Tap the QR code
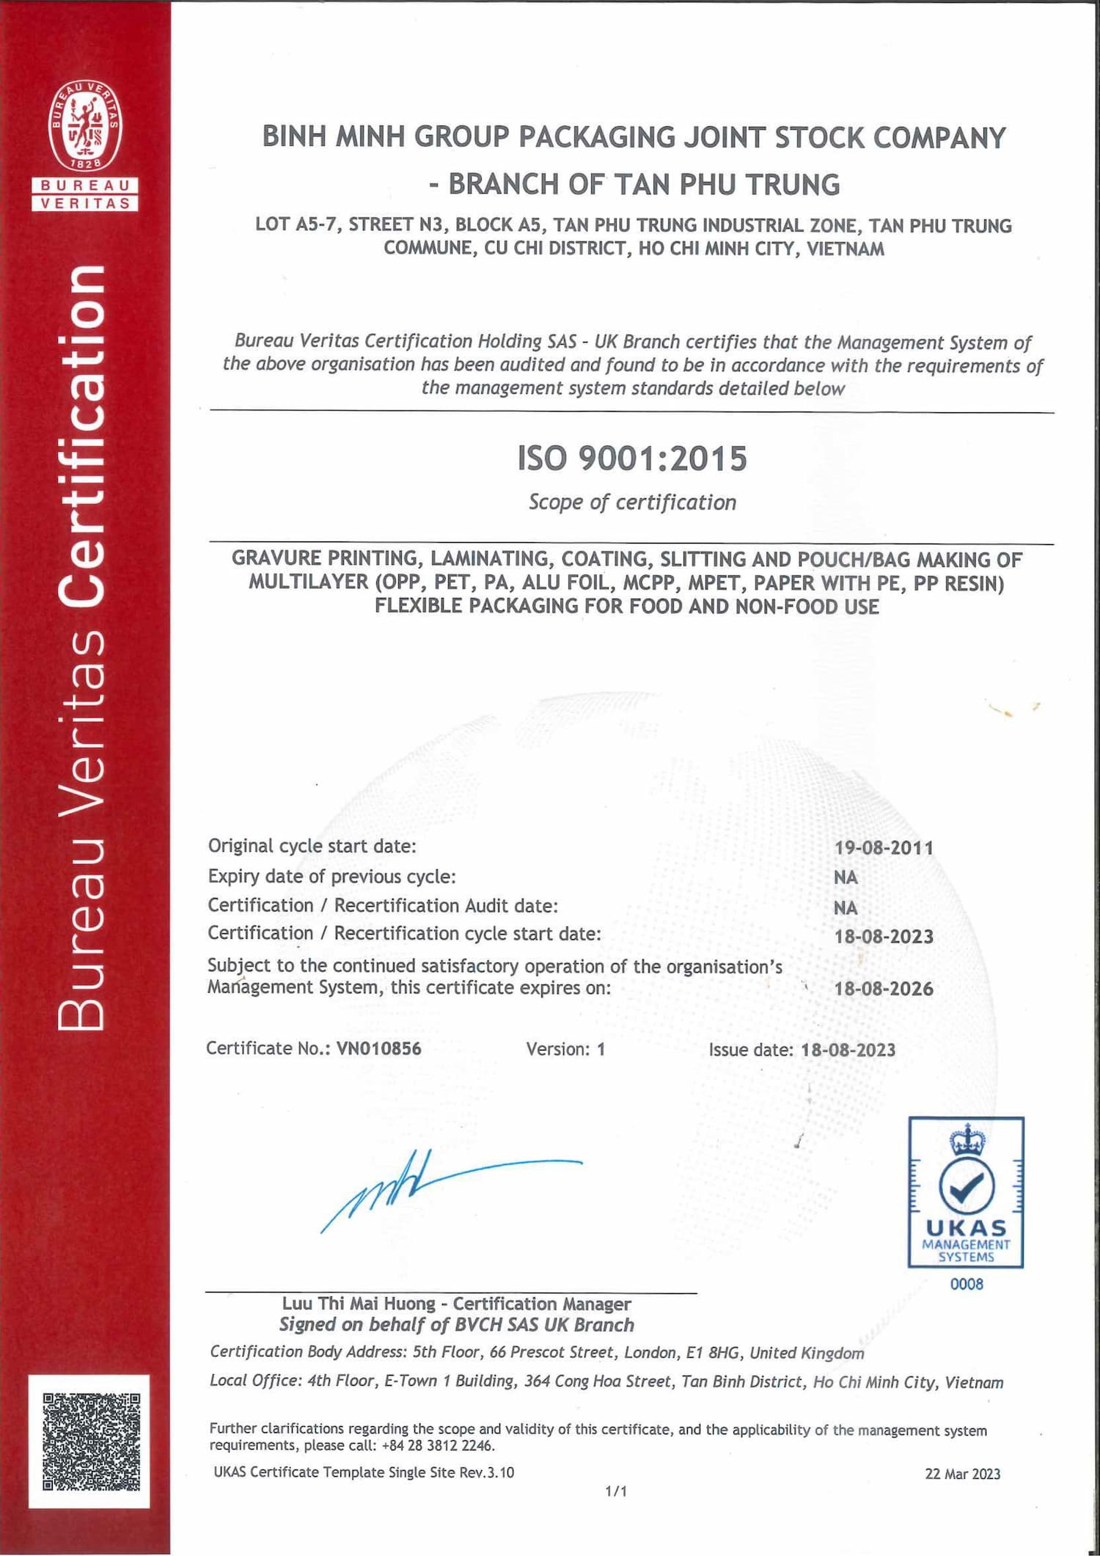click(x=90, y=1442)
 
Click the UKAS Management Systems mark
click(x=966, y=1192)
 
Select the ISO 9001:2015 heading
click(x=632, y=459)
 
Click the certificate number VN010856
click(x=378, y=1048)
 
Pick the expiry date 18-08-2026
click(x=884, y=988)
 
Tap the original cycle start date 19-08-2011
click(x=884, y=847)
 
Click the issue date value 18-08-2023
click(x=848, y=1050)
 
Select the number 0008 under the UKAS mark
click(x=967, y=1284)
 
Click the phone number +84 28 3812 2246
click(x=438, y=1446)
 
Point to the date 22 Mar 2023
click(x=962, y=1474)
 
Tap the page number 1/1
click(x=616, y=1491)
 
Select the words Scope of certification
click(x=632, y=503)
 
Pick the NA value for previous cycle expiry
click(x=846, y=877)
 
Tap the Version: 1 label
click(x=565, y=1049)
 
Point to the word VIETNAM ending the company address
click(x=846, y=249)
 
